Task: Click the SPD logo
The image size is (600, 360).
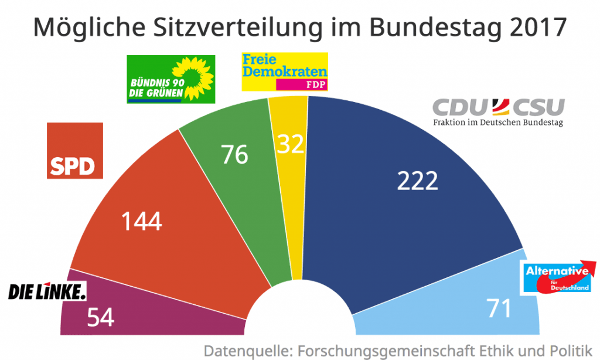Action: point(74,151)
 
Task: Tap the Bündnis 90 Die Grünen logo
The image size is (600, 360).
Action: point(171,79)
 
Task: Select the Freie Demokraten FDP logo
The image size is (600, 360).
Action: point(284,72)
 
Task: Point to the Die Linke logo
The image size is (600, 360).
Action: point(47,291)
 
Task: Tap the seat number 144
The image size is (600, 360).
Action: point(141,222)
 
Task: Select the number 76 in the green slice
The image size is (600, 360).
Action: point(234,155)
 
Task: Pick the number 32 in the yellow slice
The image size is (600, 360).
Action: point(291,144)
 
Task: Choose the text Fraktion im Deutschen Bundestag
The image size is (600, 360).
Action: point(498,123)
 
